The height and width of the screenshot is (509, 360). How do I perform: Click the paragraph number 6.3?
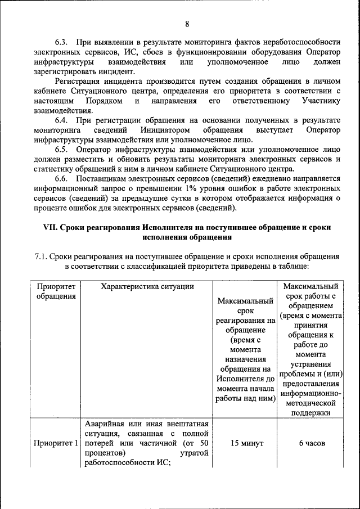coord(61,43)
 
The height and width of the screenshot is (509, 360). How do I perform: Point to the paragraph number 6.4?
coord(61,120)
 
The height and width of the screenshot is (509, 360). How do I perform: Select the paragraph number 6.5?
coord(61,150)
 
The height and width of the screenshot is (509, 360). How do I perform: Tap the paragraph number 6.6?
coord(61,179)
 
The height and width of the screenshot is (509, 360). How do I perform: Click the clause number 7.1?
coord(41,256)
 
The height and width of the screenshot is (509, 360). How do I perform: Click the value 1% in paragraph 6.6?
coord(185,189)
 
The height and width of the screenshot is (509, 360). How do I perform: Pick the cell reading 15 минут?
coord(245,443)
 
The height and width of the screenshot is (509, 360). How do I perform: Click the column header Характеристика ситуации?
coord(147,287)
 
